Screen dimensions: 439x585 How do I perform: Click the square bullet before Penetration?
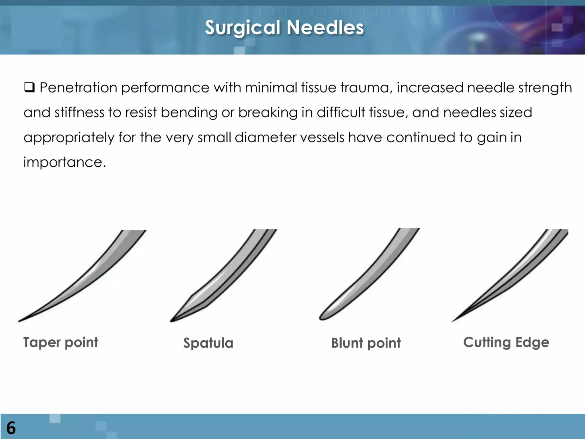click(x=29, y=87)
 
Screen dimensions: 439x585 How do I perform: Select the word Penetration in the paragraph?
click(x=78, y=87)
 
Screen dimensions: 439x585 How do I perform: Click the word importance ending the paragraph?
click(x=65, y=162)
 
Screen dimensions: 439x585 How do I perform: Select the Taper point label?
click(x=61, y=342)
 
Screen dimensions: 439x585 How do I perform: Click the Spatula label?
click(x=208, y=343)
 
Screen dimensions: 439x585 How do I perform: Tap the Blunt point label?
click(x=366, y=343)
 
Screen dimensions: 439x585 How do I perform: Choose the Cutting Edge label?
click(x=506, y=342)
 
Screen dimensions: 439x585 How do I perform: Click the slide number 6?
click(x=11, y=428)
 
